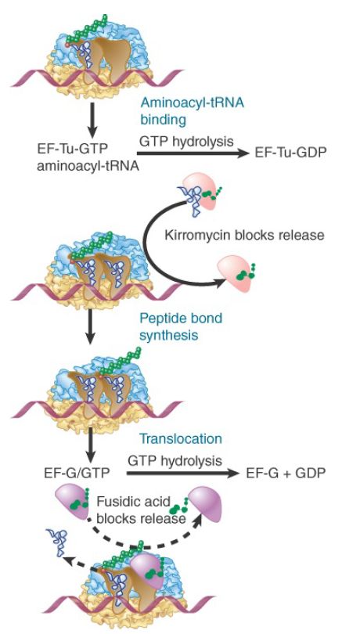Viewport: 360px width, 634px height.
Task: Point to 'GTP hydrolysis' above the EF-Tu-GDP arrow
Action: (186, 141)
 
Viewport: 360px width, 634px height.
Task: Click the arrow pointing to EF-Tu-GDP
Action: (193, 153)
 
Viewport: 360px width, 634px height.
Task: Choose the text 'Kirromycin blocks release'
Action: (245, 235)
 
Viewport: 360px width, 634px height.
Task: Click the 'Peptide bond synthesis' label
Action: (181, 326)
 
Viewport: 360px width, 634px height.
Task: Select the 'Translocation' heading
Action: (181, 438)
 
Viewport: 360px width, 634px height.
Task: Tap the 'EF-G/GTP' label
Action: (77, 472)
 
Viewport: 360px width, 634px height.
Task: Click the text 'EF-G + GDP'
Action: (286, 473)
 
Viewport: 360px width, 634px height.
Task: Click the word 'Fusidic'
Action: (119, 502)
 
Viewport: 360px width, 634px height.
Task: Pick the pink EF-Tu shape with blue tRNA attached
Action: (201, 193)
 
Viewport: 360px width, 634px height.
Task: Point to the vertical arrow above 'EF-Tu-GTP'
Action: (92, 120)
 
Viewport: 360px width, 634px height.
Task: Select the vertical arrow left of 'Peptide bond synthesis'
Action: (91, 326)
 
